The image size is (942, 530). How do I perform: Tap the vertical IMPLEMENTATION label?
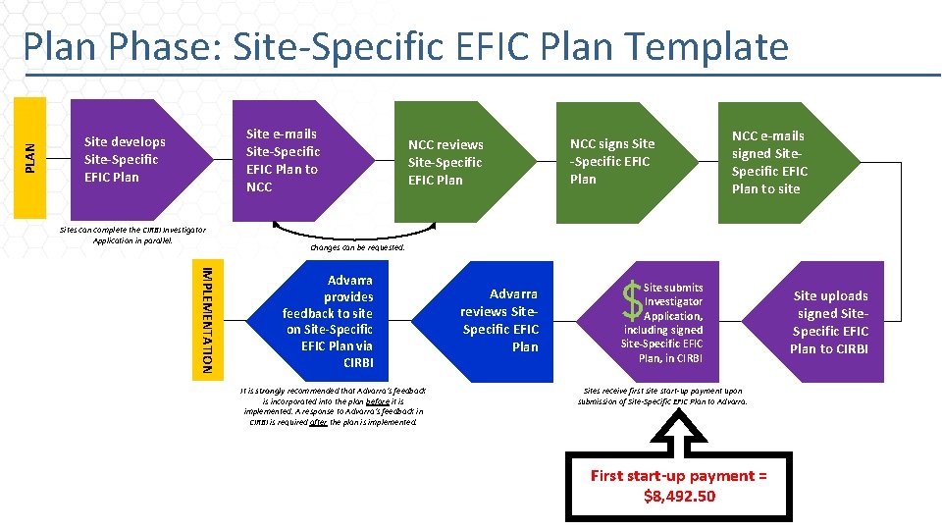[x=204, y=318]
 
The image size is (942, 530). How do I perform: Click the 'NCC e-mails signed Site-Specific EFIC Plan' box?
[x=775, y=162]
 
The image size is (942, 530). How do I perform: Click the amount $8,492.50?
[x=679, y=496]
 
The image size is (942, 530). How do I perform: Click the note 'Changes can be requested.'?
[x=356, y=247]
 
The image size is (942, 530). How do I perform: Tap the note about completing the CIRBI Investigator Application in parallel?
[x=132, y=235]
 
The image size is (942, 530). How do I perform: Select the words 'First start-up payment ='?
[x=679, y=476]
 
